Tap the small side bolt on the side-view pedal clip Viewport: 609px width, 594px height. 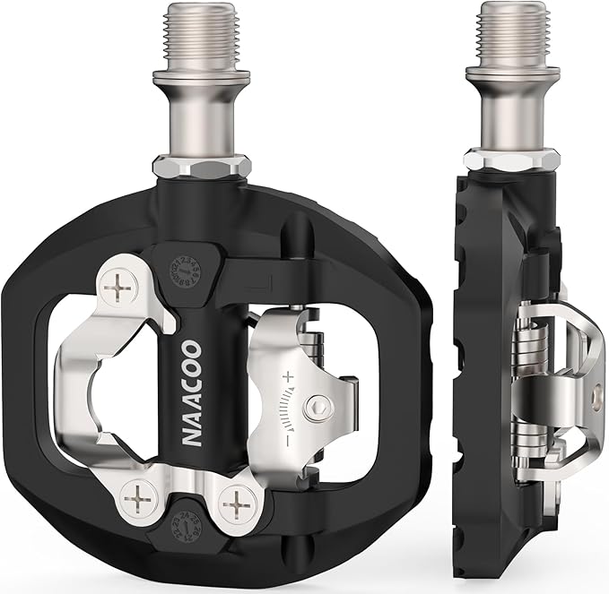coord(596,392)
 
